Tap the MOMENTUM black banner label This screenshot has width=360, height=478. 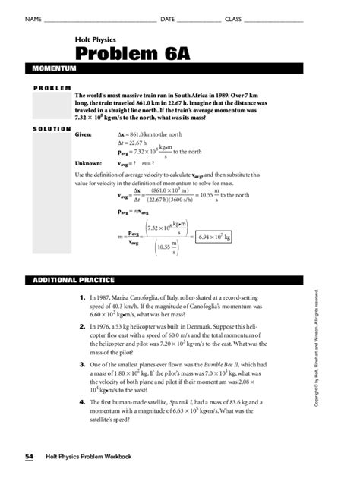pyautogui.click(x=54, y=68)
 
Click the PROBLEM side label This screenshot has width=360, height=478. pyautogui.click(x=51, y=88)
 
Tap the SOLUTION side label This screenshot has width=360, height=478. pyautogui.click(x=51, y=128)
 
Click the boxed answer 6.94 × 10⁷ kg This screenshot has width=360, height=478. pyautogui.click(x=214, y=237)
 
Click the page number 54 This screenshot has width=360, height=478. pyautogui.click(x=29, y=457)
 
